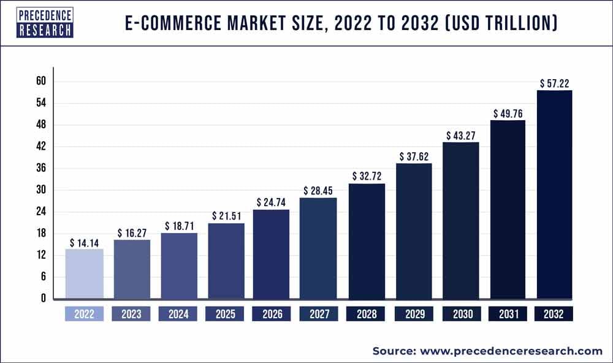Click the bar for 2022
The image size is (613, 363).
(x=84, y=274)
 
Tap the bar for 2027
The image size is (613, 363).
(x=318, y=248)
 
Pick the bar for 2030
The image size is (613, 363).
(x=460, y=221)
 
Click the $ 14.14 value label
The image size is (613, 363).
(x=84, y=242)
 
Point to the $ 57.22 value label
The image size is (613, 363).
(x=555, y=83)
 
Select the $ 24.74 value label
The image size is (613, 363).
(x=272, y=202)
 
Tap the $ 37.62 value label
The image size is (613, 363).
(x=414, y=156)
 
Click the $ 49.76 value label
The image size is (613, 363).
(x=508, y=113)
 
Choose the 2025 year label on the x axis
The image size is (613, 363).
(x=225, y=315)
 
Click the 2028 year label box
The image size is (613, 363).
(x=367, y=315)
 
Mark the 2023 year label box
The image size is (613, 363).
(x=131, y=315)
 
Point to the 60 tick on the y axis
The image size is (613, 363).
(x=42, y=82)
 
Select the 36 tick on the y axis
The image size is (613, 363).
(x=42, y=169)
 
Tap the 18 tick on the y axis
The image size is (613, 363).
(x=42, y=234)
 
